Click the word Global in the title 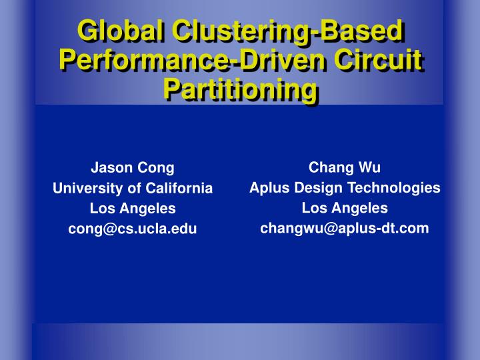[120, 31]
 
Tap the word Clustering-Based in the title [287, 31]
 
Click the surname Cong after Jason [157, 168]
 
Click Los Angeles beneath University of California [133, 209]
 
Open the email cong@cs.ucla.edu [133, 229]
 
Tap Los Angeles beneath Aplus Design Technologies [345, 208]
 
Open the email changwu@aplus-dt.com [345, 229]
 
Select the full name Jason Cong [133, 168]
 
